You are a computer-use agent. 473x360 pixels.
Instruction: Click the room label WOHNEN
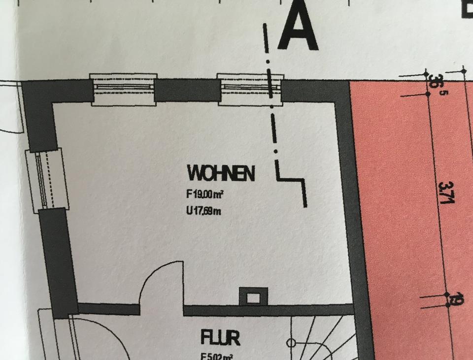[x=221, y=173]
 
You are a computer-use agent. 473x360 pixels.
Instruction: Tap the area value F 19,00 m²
[x=205, y=195]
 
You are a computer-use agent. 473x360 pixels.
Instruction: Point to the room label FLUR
[x=220, y=338]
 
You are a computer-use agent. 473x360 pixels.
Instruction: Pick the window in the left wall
[x=44, y=179]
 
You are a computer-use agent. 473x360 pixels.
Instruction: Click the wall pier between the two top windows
[x=187, y=90]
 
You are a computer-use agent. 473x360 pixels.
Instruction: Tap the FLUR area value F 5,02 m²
[x=217, y=356]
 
